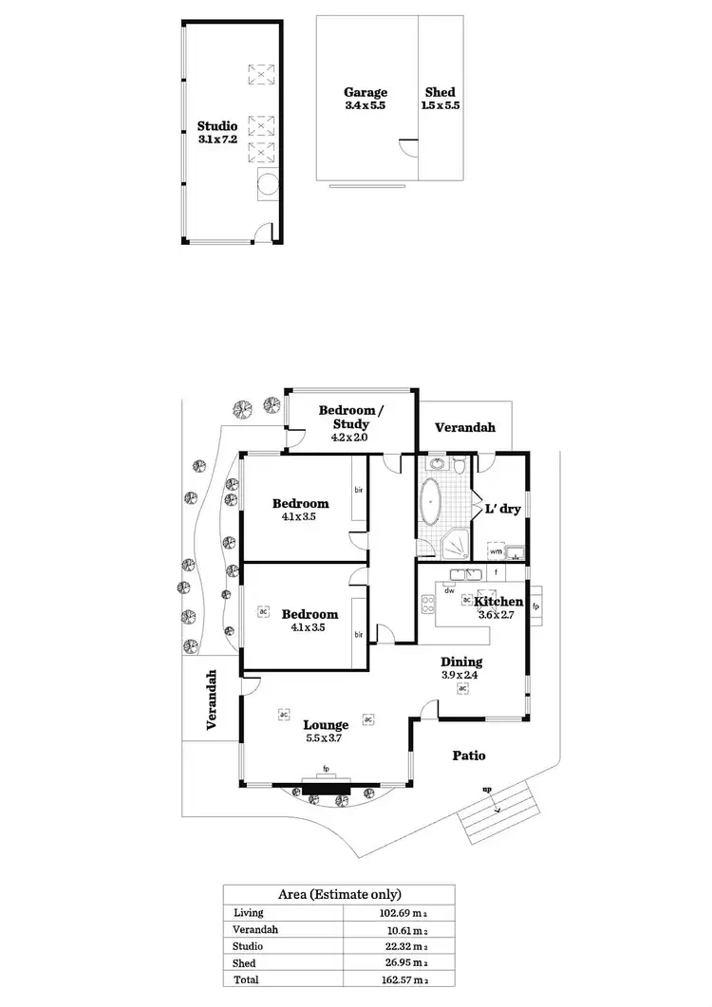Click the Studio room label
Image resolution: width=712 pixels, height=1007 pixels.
217,125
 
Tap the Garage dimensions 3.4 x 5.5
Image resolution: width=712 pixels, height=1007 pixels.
365,106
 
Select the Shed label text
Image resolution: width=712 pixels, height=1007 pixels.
440,92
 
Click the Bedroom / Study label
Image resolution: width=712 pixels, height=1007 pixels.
350,417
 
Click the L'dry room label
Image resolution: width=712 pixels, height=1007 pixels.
503,509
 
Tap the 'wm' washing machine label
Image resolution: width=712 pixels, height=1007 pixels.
496,550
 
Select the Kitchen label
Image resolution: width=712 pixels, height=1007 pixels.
498,602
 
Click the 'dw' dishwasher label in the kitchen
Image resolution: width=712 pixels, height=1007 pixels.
451,590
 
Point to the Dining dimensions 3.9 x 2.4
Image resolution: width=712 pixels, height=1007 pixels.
461,676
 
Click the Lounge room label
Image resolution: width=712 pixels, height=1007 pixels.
327,725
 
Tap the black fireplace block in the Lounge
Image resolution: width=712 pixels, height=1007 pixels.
327,786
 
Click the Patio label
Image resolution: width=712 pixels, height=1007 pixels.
469,755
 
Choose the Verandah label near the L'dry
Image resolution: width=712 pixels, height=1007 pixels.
465,428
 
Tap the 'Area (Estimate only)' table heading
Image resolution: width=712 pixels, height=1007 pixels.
339,894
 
